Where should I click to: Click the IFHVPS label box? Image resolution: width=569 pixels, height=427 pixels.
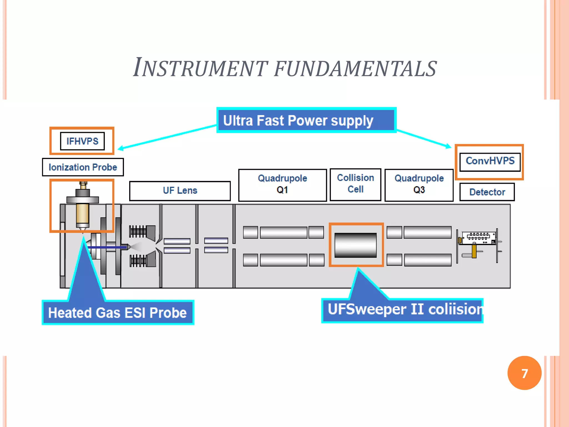[x=82, y=141]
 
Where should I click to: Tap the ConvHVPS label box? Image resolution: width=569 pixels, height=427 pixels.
[x=490, y=161]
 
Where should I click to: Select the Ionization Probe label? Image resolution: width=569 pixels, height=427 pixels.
[x=83, y=167]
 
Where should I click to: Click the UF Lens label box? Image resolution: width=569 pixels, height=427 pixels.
[x=180, y=191]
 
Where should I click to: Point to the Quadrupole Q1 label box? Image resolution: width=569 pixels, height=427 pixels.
[x=282, y=184]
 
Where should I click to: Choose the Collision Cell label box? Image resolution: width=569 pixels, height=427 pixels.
[x=355, y=184]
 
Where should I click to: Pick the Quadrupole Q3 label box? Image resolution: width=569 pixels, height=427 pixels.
[x=419, y=184]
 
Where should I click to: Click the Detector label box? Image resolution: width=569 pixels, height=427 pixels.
[x=487, y=192]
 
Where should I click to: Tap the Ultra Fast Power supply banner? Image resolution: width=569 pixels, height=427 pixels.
[x=306, y=120]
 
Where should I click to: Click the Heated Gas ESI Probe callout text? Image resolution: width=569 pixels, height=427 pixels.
[x=118, y=312]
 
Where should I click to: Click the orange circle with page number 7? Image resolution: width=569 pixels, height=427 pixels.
[x=524, y=373]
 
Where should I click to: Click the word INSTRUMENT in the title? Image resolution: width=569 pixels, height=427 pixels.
[x=200, y=68]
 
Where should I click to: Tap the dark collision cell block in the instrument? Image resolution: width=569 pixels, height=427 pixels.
[x=355, y=245]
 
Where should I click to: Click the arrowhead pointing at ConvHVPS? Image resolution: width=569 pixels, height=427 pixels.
[x=448, y=146]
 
